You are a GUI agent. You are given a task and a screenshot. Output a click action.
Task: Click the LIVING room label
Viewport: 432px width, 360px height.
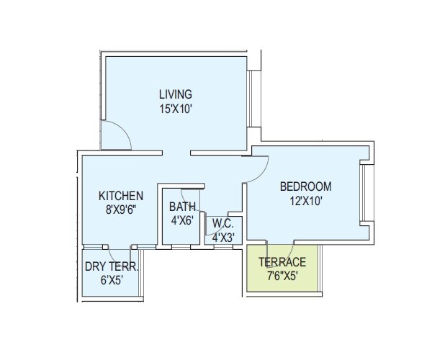(x=175, y=94)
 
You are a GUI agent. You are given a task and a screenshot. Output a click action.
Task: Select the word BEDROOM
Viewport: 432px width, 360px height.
(x=306, y=186)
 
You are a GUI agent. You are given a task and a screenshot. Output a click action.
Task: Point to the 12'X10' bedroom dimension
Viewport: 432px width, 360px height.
(x=306, y=202)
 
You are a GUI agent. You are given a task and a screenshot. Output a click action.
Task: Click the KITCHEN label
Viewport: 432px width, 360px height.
(x=121, y=196)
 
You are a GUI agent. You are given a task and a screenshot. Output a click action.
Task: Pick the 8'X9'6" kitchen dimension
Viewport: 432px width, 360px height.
(x=121, y=211)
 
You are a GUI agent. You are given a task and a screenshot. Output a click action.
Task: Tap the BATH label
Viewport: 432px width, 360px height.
(x=181, y=207)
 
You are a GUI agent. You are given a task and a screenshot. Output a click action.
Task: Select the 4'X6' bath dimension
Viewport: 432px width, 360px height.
(x=181, y=221)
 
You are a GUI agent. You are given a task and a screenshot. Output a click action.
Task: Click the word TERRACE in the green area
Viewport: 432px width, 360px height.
(x=282, y=262)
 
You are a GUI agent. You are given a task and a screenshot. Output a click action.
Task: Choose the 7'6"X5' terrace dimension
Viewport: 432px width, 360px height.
(x=282, y=276)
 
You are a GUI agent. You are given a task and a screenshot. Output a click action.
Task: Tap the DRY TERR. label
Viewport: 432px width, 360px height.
(x=112, y=266)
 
